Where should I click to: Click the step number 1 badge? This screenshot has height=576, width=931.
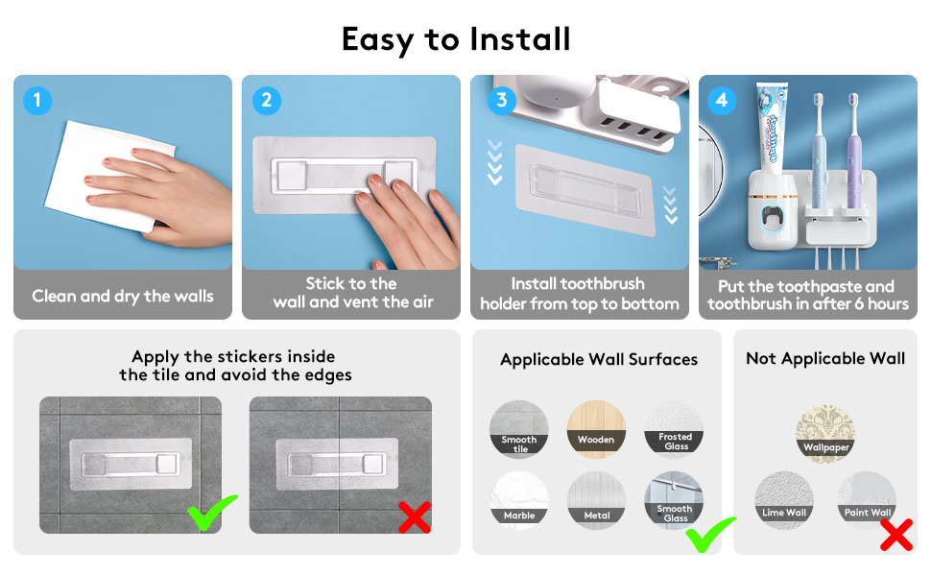pos(37,100)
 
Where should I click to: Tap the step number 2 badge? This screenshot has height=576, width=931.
pos(267,100)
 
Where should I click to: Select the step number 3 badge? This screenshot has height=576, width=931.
pos(498,100)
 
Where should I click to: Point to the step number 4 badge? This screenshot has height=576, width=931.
pos(723,100)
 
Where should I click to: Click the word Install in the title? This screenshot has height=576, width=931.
pos(519,39)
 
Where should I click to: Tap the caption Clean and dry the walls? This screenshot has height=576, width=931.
pos(123,296)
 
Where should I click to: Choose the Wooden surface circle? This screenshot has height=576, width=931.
pos(596,430)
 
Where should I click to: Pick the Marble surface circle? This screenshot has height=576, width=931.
pos(519,501)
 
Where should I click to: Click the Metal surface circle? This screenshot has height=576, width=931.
pos(596,501)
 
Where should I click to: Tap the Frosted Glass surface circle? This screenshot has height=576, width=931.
pos(675,430)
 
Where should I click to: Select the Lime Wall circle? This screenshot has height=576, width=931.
pos(784,499)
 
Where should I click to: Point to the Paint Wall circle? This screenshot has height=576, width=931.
pos(868,499)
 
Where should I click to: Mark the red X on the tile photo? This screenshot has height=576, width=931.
pos(414,518)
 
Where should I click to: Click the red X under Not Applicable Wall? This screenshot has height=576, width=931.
pos(895,534)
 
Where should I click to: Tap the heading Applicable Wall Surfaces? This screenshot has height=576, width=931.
pos(599,359)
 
